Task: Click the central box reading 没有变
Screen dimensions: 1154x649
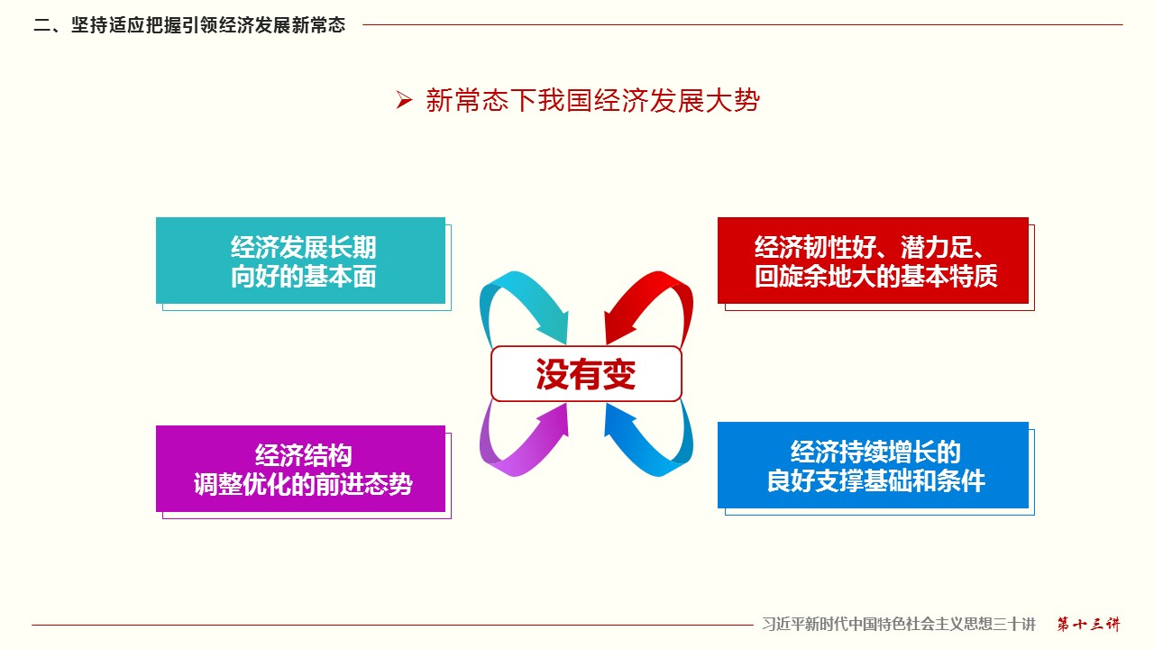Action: point(586,374)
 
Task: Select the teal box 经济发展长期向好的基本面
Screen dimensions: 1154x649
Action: point(301,261)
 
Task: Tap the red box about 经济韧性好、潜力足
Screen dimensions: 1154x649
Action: point(873,261)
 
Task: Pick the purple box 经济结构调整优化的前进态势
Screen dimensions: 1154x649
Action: point(301,469)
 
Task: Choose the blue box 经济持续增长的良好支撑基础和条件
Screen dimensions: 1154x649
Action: point(873,465)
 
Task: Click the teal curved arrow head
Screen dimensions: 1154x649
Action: point(554,327)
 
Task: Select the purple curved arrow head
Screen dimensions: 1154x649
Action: point(554,419)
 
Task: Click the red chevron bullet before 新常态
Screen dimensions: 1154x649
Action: point(404,100)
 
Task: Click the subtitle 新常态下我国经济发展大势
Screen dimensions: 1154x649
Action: point(593,100)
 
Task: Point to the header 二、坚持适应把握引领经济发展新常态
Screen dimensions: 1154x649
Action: point(189,24)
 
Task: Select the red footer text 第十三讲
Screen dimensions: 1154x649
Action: point(1088,625)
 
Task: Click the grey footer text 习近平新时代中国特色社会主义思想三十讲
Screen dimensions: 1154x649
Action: point(899,625)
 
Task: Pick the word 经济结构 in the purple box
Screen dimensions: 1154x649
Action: point(304,455)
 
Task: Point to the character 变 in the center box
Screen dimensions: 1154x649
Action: point(618,374)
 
